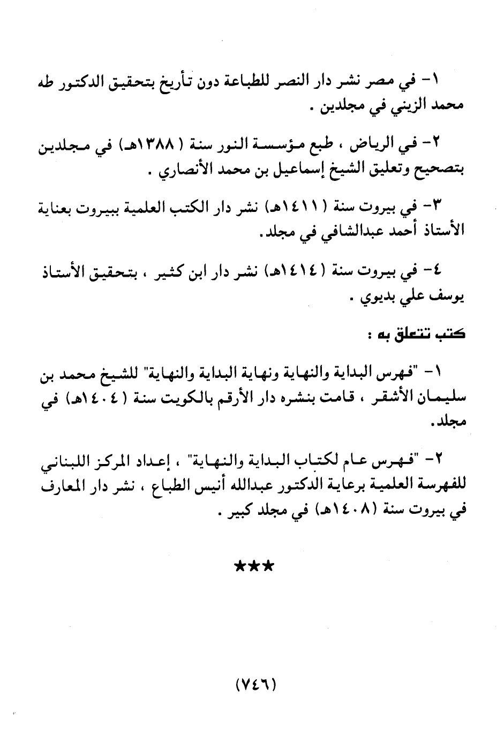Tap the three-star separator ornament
coord(254,566)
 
